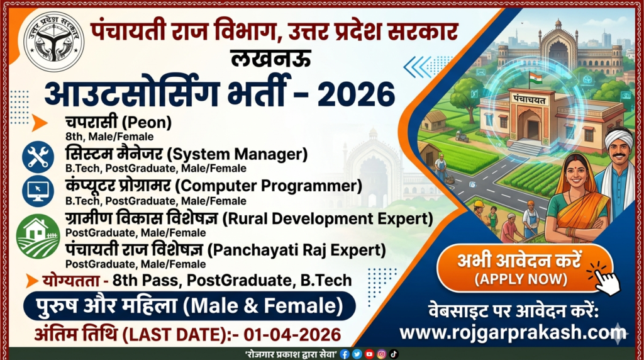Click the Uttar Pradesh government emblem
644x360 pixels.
pyautogui.click(x=54, y=41)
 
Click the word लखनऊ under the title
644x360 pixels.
pyautogui.click(x=270, y=58)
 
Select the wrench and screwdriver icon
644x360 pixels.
pyautogui.click(x=38, y=157)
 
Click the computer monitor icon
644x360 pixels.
pyautogui.click(x=38, y=190)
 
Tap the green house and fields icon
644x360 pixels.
pyautogui.click(x=38, y=236)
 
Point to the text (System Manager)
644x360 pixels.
pyautogui.click(x=237, y=155)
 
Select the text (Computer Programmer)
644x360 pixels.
pyautogui.click(x=269, y=186)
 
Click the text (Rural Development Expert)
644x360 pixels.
pyautogui.click(x=327, y=218)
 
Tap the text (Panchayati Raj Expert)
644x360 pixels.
pyautogui.click(x=296, y=250)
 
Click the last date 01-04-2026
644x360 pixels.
pyautogui.click(x=292, y=335)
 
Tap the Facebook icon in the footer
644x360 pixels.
pyautogui.click(x=345, y=354)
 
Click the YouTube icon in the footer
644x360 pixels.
pyautogui.click(x=369, y=354)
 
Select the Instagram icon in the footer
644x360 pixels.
pyautogui.click(x=382, y=354)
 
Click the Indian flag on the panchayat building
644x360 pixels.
pyautogui.click(x=535, y=77)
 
